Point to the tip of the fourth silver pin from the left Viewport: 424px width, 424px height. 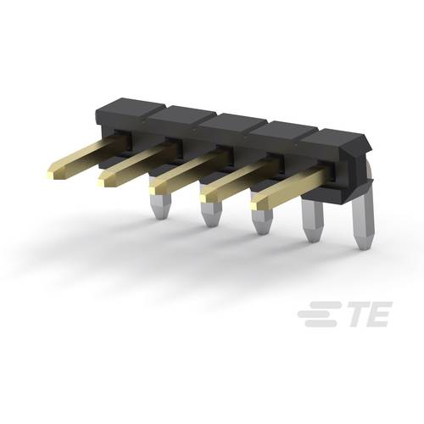313,238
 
